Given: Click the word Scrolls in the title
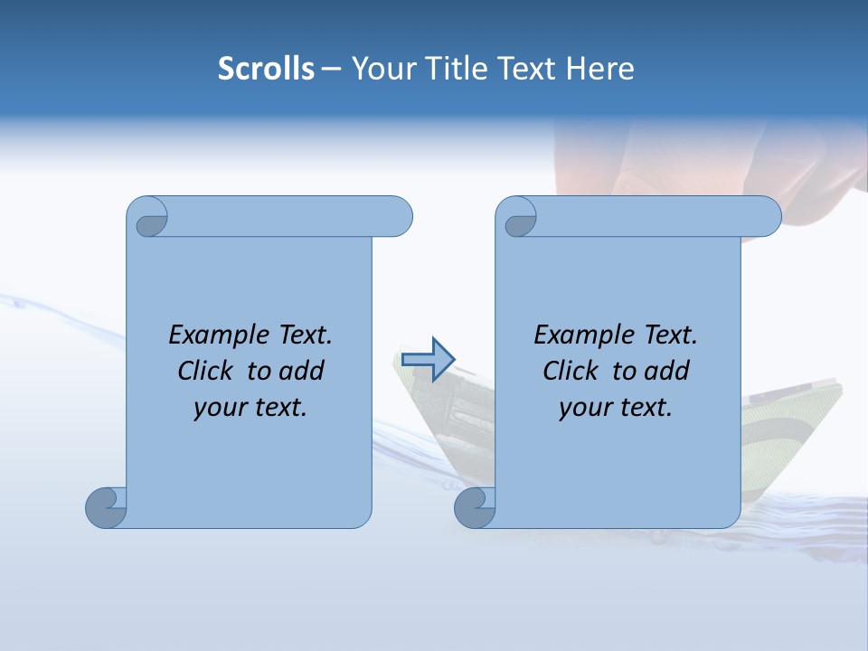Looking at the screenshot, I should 266,69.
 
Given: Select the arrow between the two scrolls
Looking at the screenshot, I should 428,359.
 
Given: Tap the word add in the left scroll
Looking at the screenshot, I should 301,372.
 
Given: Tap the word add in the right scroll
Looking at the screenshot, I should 666,372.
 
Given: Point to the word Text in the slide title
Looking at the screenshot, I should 526,69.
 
